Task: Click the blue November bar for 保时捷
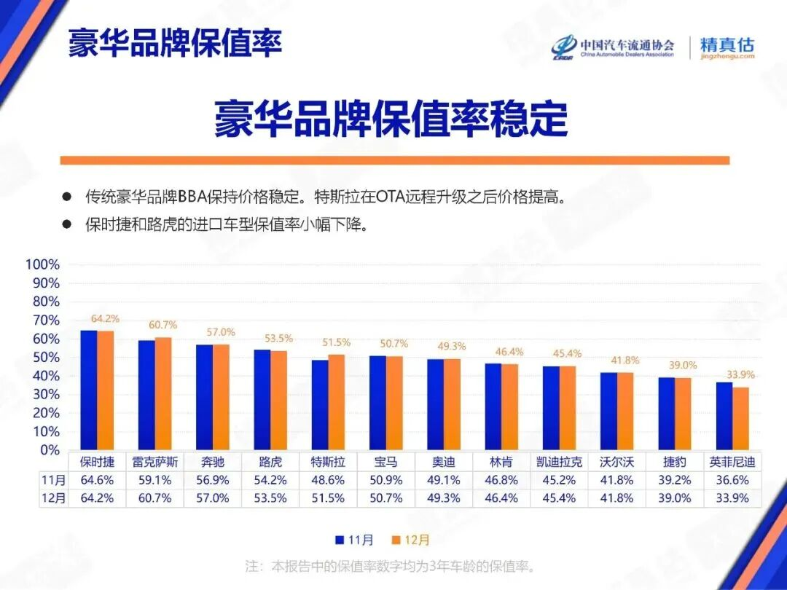point(88,390)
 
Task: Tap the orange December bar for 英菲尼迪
point(740,418)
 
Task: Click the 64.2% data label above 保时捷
point(105,319)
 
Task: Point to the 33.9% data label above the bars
point(740,375)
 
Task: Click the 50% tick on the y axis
point(45,357)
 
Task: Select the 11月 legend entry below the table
point(354,540)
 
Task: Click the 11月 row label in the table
point(54,480)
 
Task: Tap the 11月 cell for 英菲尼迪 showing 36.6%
point(732,480)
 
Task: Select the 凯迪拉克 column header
point(559,462)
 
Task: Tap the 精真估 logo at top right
point(727,47)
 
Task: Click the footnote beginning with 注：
point(391,566)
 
